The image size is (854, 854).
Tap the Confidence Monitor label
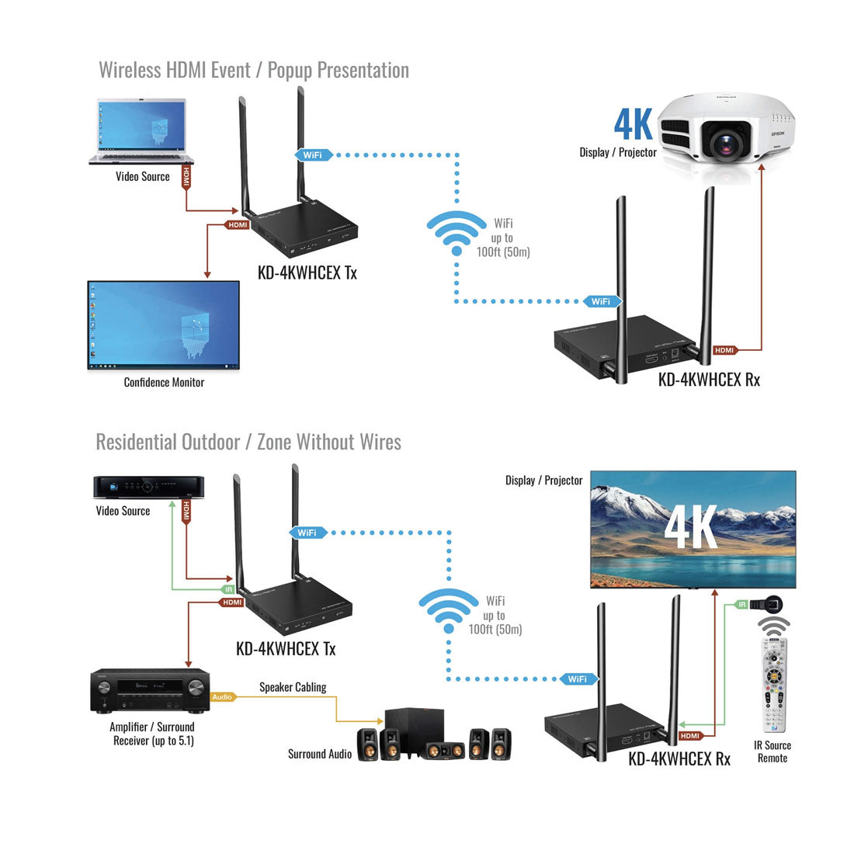click(164, 382)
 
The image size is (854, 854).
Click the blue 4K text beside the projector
click(633, 123)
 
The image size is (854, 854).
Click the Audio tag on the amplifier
click(223, 697)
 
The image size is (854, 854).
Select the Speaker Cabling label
click(293, 687)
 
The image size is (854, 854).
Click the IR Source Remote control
click(773, 683)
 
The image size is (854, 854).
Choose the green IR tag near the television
click(742, 604)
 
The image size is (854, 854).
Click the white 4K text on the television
click(691, 528)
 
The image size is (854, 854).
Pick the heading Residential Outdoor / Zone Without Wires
click(248, 442)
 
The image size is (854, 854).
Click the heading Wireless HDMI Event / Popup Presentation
click(254, 70)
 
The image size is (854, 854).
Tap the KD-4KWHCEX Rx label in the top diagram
click(709, 380)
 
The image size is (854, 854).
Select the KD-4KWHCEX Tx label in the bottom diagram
click(286, 648)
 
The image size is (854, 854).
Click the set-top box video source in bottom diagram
click(148, 487)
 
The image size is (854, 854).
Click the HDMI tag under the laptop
click(186, 176)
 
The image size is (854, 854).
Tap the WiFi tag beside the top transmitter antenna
click(313, 155)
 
